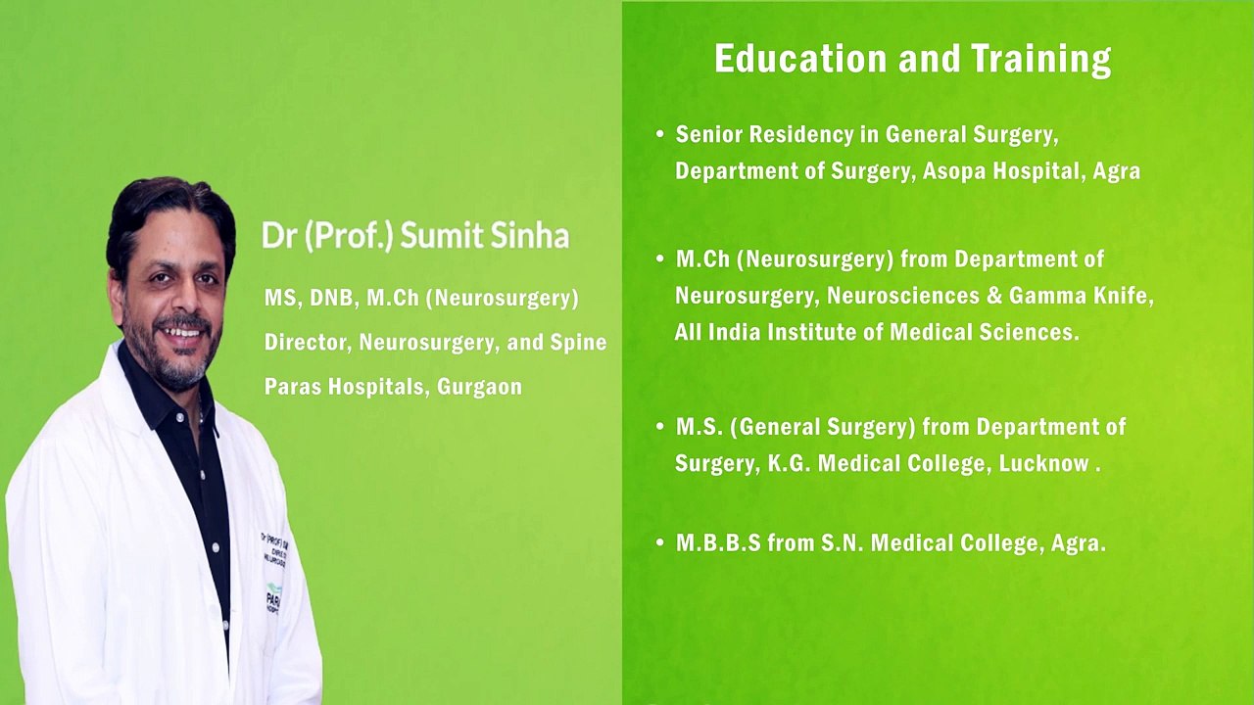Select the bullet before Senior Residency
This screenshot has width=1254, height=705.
[660, 134]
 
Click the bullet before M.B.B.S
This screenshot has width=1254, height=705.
[660, 542]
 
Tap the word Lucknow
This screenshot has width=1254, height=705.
[1043, 463]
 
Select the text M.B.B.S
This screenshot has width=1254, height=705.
[718, 542]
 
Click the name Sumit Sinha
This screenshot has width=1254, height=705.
[484, 236]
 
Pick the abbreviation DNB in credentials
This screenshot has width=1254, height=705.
[332, 298]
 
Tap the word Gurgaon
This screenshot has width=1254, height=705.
[479, 387]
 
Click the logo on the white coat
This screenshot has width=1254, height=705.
[271, 594]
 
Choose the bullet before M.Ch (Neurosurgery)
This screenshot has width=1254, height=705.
[660, 259]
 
